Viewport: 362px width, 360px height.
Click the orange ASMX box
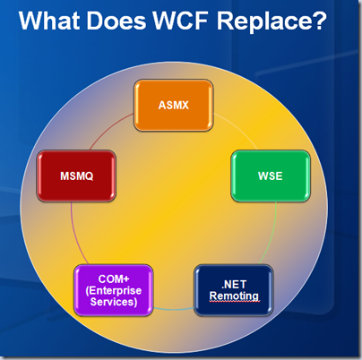point(174,105)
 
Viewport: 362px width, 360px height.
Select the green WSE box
point(271,176)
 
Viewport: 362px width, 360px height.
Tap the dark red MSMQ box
point(76,176)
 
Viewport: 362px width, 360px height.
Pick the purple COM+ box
point(114,290)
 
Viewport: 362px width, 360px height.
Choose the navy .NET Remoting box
point(234,290)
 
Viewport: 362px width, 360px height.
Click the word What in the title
point(49,21)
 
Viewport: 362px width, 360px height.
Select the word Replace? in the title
point(271,21)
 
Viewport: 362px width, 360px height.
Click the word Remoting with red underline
point(234,296)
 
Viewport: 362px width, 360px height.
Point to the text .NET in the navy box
point(234,285)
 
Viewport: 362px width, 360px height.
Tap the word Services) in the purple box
point(114,302)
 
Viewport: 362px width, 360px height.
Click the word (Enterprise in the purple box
point(114,290)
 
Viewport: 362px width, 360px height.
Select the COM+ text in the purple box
point(114,279)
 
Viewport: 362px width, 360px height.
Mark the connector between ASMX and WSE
point(238,129)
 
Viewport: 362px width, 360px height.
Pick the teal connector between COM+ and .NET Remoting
point(174,309)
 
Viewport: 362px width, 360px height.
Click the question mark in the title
point(320,21)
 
